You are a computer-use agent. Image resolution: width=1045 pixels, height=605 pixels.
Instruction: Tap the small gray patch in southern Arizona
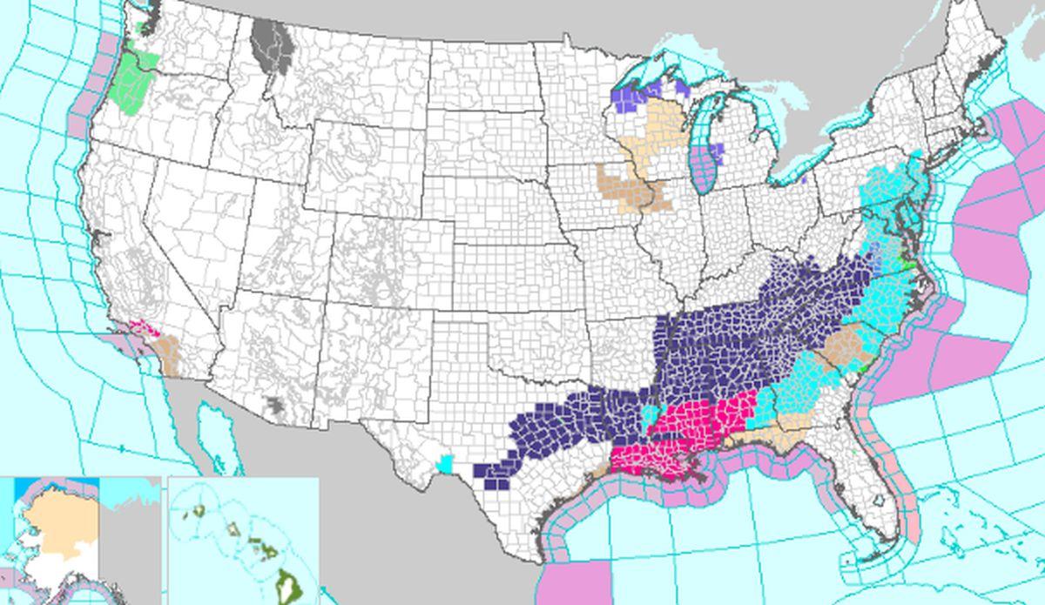pos(275,405)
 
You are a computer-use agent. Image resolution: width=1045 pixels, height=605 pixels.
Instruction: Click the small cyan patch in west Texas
pos(447,464)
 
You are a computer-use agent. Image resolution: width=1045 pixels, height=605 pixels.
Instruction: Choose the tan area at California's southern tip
pos(166,353)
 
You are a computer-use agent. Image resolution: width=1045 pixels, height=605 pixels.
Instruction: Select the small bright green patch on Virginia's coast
pos(908,265)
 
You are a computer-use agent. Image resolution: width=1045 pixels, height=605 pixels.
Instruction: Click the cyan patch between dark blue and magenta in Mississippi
pos(649,415)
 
